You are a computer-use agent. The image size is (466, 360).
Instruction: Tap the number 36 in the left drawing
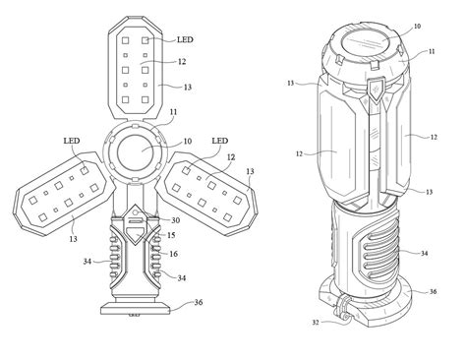(199, 302)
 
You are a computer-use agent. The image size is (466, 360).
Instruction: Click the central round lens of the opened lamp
(138, 156)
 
